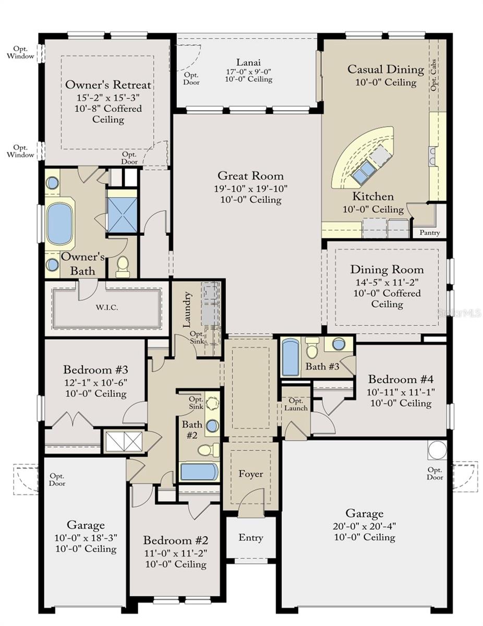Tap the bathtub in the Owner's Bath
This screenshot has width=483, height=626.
(x=61, y=224)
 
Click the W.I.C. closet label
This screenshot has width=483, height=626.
(x=107, y=307)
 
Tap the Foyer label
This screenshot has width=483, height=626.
(x=251, y=474)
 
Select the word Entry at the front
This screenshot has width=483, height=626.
(x=251, y=538)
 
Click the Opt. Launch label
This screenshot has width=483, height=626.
(x=295, y=404)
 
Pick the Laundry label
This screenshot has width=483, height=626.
(x=188, y=310)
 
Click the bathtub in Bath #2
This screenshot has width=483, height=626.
(x=199, y=472)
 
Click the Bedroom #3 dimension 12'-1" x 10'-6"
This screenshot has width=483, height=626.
(x=95, y=382)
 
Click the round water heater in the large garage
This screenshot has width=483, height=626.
(x=437, y=449)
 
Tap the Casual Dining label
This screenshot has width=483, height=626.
(x=385, y=69)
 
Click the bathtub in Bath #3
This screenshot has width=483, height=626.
(x=291, y=357)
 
